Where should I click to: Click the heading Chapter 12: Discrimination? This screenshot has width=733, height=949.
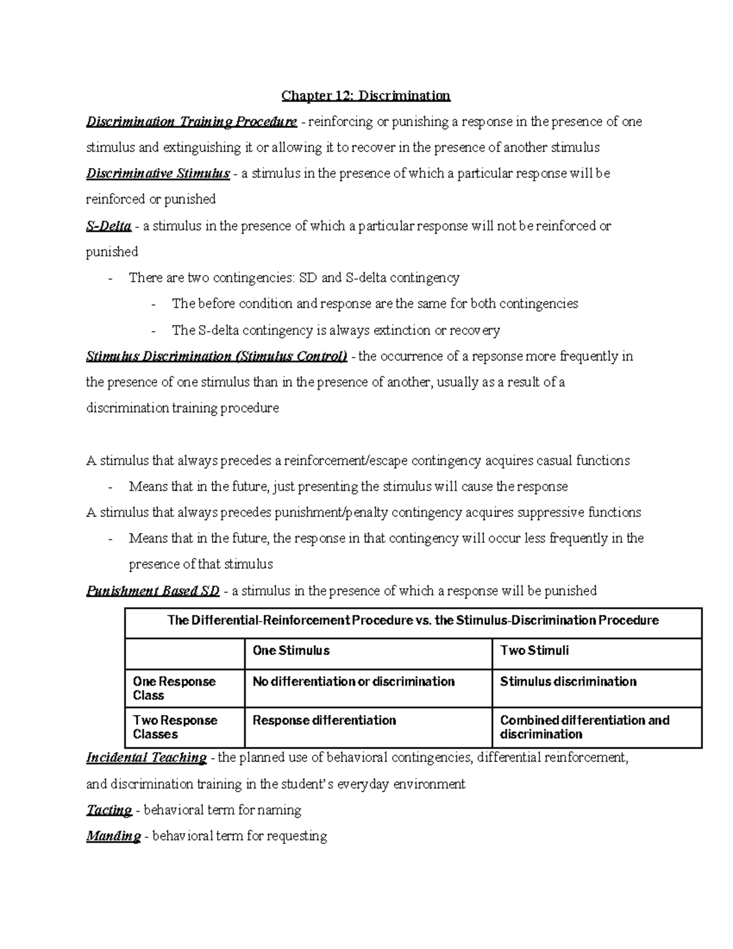(365, 96)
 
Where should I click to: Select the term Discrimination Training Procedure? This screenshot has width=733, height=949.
(191, 122)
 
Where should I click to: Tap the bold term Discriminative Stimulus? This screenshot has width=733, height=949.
(158, 174)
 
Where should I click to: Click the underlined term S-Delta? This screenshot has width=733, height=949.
(109, 226)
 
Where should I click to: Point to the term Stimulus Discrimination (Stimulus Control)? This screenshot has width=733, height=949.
(216, 356)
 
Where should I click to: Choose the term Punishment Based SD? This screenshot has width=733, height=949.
(153, 591)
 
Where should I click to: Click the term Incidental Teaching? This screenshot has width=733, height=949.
(146, 758)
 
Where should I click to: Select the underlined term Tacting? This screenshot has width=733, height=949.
(109, 810)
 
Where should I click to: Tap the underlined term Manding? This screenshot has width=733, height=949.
(113, 836)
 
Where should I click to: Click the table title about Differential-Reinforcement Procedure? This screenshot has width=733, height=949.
(413, 621)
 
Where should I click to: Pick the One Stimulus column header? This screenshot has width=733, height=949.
(291, 651)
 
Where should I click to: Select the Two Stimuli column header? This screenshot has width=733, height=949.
(534, 651)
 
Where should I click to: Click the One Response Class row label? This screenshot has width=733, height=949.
(174, 688)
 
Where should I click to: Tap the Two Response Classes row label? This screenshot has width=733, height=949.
(175, 727)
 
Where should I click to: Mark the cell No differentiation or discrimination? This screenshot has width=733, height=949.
(353, 682)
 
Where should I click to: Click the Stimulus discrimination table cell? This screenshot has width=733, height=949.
(567, 682)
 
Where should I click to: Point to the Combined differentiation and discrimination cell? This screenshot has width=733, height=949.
(584, 727)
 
